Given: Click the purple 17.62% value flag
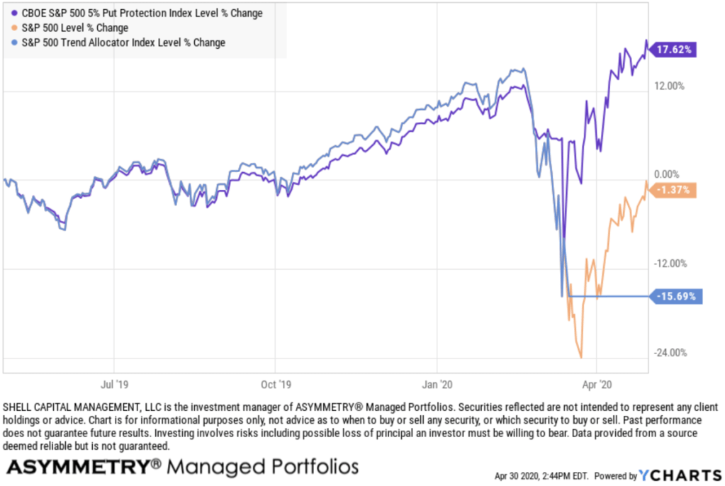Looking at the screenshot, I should pos(673,50).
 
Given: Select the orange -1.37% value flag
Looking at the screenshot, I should pos(673,190).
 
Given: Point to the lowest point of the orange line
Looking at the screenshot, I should pos(581,357).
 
